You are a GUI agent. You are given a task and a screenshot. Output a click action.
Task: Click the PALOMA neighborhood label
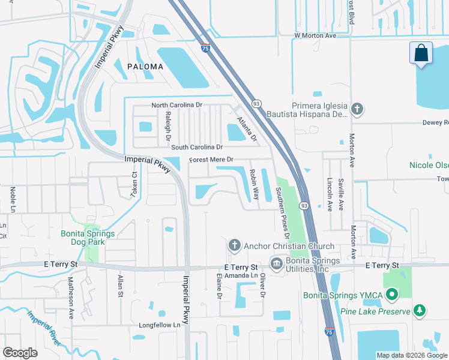pyautogui.click(x=144, y=67)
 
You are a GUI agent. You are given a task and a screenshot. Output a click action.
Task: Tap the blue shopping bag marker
pyautogui.click(x=421, y=53)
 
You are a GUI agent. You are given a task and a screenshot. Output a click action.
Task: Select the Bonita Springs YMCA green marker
pyautogui.click(x=392, y=295)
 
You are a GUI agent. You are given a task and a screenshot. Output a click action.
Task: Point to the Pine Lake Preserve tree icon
pyautogui.click(x=421, y=311)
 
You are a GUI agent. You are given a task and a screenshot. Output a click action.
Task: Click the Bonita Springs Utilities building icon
pyautogui.click(x=276, y=264)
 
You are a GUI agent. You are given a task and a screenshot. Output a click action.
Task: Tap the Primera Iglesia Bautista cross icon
pyautogui.click(x=357, y=109)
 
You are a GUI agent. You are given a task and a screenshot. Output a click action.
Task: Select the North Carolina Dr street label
pyautogui.click(x=178, y=105)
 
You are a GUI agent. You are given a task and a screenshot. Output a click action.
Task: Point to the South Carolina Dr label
pyautogui.click(x=197, y=147)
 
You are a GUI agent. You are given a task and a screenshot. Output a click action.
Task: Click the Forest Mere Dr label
pyautogui.click(x=211, y=160)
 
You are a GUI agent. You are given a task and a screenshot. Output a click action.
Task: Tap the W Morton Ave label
pyautogui.click(x=315, y=36)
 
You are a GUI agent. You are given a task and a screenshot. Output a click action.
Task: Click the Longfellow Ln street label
pyautogui.click(x=159, y=325)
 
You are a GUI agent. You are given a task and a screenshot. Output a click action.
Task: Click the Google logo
pyautogui.click(x=20, y=353)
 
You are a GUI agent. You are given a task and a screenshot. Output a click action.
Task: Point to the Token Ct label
pyautogui.click(x=134, y=185)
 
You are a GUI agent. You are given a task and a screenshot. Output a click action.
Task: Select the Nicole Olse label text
pyautogui.click(x=429, y=165)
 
